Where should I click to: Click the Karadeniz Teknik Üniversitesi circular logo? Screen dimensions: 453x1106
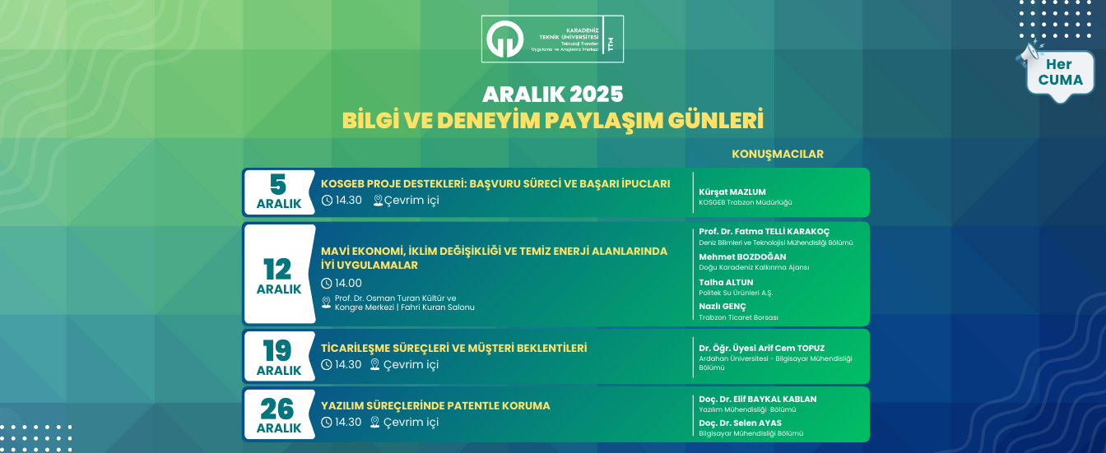(504, 39)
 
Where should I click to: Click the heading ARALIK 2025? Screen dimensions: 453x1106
(553, 93)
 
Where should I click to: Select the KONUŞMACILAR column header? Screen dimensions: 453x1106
(777, 154)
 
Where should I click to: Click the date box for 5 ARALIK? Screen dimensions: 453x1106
(279, 192)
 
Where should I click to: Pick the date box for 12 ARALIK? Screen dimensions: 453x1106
(279, 274)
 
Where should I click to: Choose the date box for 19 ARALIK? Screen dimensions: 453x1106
(279, 355)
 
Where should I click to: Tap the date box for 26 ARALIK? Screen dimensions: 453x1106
(279, 414)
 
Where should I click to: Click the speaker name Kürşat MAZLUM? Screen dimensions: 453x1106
(732, 192)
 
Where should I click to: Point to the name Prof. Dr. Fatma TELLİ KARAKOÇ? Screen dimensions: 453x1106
(776, 232)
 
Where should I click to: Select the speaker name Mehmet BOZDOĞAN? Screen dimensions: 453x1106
(742, 257)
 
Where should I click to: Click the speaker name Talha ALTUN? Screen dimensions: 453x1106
(726, 282)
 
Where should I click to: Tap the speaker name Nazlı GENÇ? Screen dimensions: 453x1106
(723, 306)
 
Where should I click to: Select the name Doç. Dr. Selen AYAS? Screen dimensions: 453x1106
(740, 423)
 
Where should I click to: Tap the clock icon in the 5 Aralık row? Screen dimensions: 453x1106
(327, 201)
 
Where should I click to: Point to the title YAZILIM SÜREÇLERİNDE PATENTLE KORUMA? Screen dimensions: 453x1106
(435, 405)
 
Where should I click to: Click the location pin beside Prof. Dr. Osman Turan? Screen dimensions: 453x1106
(326, 303)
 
